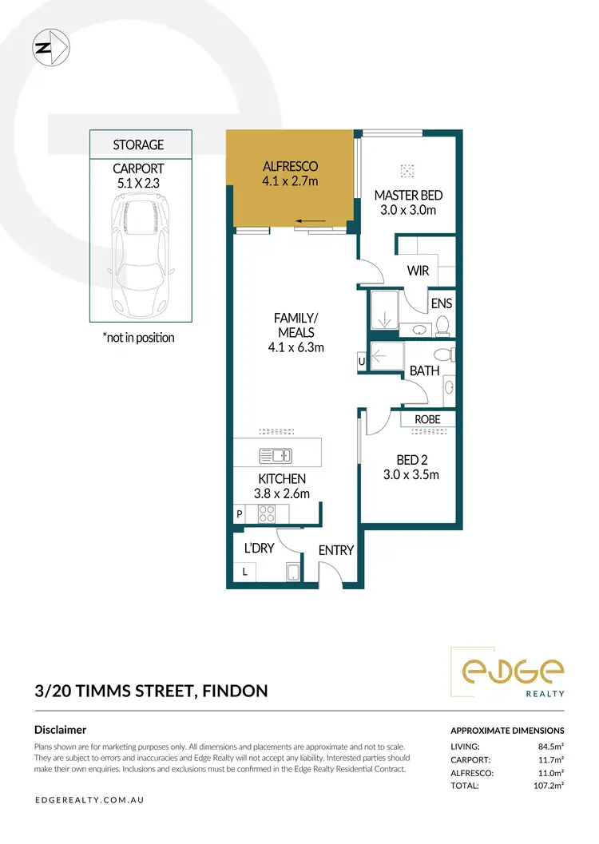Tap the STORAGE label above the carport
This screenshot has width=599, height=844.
138,145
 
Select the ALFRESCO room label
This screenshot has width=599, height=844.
291,166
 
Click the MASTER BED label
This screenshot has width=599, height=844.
408,196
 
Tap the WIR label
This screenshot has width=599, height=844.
418,271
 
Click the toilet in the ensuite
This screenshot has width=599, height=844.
442,325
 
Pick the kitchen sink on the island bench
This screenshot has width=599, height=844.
276,456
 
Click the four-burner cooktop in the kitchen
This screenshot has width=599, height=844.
267,514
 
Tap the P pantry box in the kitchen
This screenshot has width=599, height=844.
239,515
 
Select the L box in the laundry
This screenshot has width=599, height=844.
245,572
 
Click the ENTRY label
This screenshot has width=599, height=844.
335,550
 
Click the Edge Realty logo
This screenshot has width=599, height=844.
507,672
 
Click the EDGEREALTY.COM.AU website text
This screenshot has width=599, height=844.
89,799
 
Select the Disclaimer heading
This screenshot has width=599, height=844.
61,730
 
